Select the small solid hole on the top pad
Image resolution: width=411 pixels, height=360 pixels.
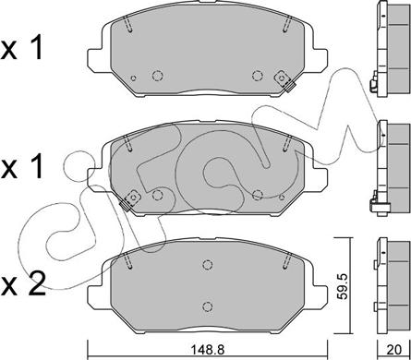[x=135, y=78]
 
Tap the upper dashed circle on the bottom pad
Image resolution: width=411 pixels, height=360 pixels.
[x=208, y=262]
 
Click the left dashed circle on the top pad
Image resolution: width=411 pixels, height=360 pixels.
[x=159, y=78]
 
